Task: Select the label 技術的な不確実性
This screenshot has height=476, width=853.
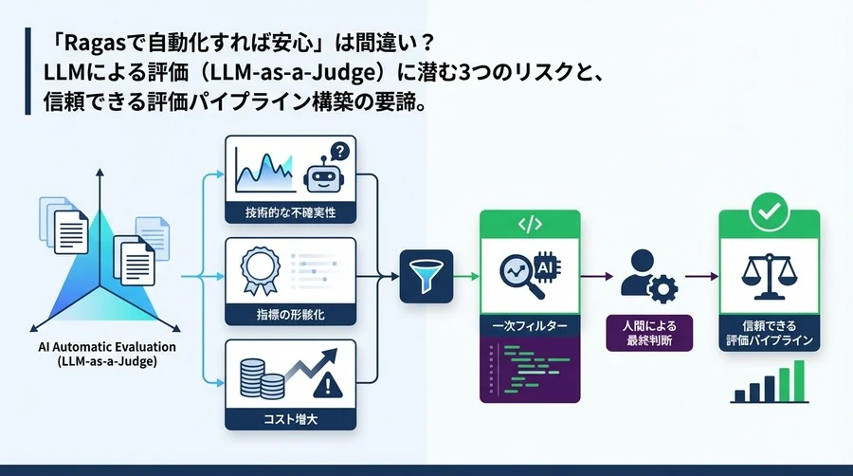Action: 290,211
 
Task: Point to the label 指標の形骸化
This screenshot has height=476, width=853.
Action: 290,313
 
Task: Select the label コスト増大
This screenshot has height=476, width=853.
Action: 290,417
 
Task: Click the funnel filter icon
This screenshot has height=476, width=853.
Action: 420,277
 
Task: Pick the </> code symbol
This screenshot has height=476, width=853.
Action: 530,224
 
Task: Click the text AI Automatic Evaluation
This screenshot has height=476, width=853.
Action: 100,347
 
